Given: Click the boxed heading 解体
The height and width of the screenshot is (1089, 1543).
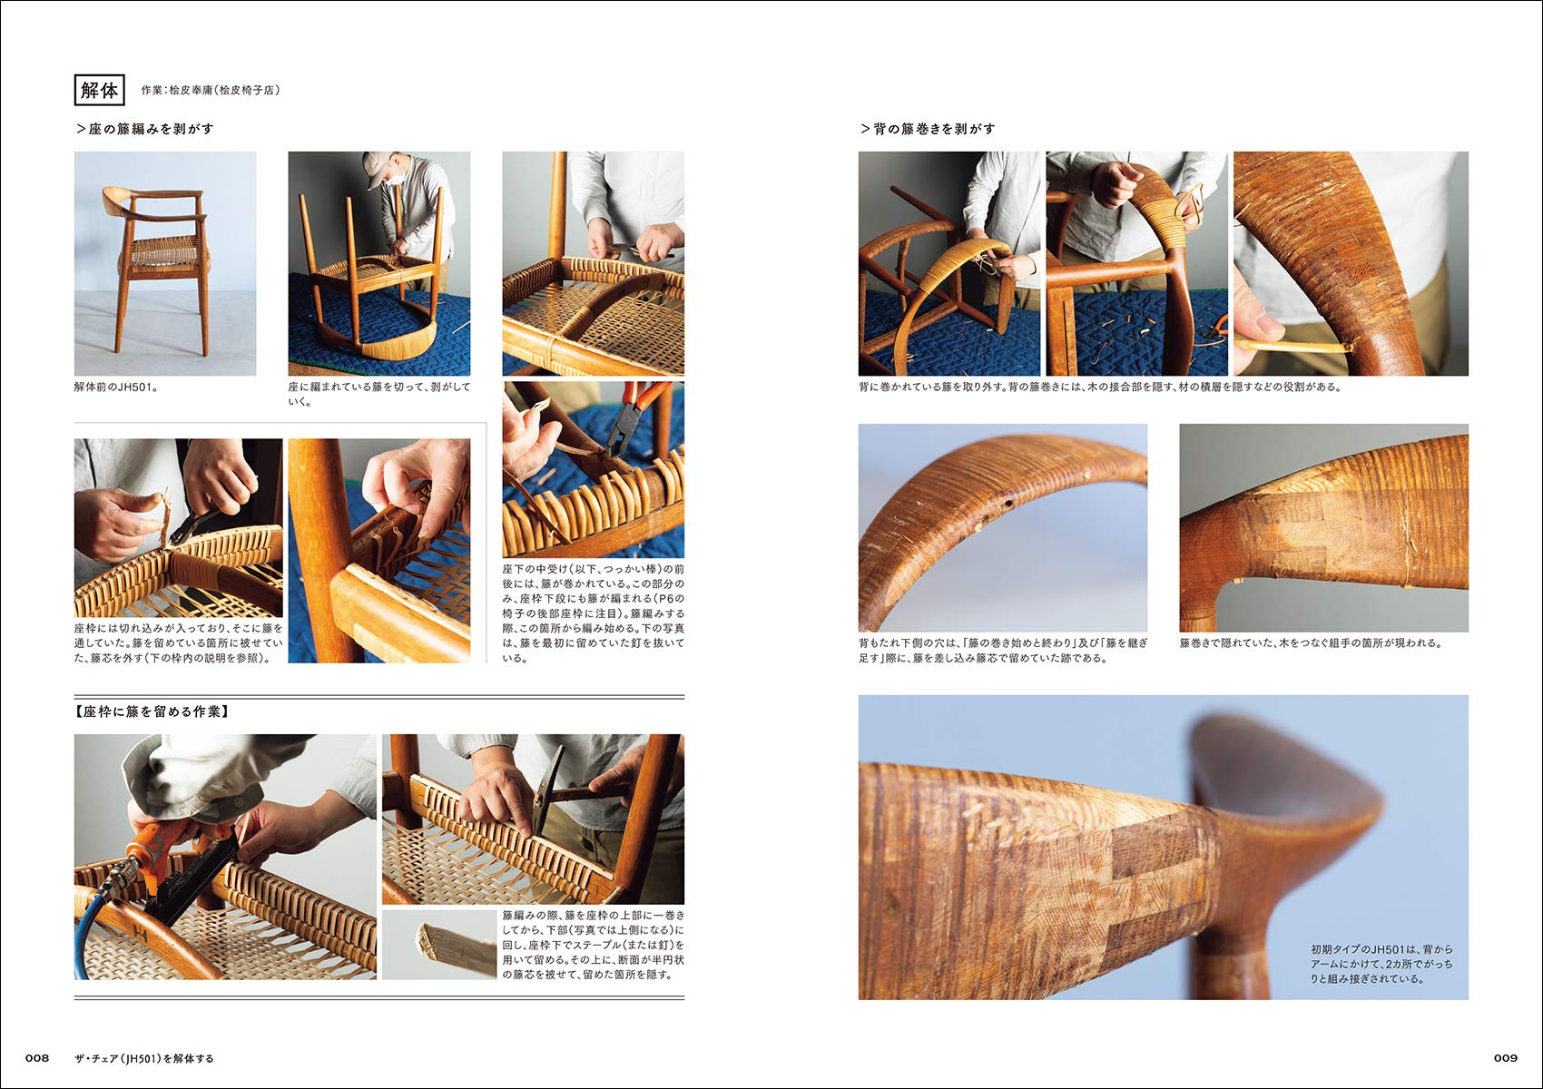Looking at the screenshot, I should [x=98, y=90].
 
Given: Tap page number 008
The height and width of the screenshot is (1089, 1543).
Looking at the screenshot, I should [x=36, y=1058].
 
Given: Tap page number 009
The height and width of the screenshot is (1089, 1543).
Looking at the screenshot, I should [x=1505, y=1058].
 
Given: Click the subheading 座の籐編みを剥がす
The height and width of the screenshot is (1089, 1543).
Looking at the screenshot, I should [x=145, y=129].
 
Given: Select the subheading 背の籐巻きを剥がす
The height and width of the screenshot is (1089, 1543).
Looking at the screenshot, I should [x=929, y=129].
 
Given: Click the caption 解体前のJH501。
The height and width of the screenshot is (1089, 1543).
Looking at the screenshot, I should [x=117, y=388].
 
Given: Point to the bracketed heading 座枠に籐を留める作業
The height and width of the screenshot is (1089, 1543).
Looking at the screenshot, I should [x=152, y=711].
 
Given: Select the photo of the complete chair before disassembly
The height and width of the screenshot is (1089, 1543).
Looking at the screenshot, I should [x=164, y=263].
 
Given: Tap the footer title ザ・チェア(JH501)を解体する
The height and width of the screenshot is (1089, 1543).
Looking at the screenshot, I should [x=144, y=1058].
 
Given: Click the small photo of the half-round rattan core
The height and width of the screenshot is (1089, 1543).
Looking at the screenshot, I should [x=439, y=945].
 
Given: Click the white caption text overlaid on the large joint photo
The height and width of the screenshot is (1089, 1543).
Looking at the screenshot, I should [x=1380, y=964].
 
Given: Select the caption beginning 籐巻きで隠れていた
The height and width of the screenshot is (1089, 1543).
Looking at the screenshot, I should [x=1311, y=643].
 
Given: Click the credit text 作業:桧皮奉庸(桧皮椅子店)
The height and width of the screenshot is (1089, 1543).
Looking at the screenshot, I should [x=211, y=91].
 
